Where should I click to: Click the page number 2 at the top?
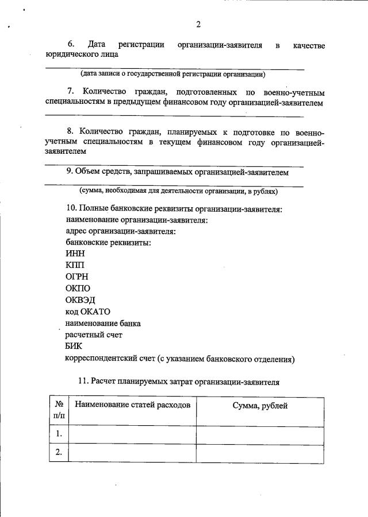198,24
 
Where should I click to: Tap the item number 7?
71,92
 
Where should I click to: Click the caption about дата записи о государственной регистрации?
172,74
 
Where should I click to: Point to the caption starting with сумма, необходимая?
178,191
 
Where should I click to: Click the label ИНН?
75,254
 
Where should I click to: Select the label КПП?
75,265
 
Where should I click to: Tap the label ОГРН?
77,277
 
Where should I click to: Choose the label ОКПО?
78,288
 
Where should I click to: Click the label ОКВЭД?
80,300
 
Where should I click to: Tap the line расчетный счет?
94,335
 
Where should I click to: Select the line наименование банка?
103,323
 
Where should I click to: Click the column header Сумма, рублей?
259,406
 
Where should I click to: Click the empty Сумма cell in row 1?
259,434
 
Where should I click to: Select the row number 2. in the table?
59,452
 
